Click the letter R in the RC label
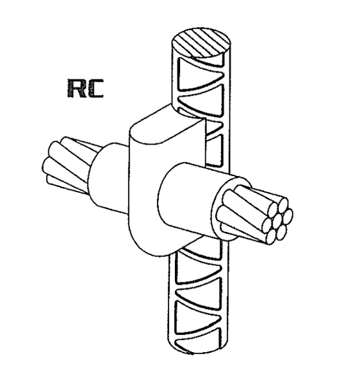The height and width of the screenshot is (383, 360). (76, 88)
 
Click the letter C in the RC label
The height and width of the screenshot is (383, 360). (95, 89)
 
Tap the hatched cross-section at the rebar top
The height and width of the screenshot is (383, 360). (201, 43)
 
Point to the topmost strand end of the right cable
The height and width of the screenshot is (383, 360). (283, 204)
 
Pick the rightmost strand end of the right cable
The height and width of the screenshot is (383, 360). (288, 215)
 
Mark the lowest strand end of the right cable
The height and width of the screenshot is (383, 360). (270, 238)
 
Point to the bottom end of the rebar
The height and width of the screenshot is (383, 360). (197, 349)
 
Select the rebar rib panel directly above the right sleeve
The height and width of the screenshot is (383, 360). (214, 150)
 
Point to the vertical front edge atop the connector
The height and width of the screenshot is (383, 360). (204, 141)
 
